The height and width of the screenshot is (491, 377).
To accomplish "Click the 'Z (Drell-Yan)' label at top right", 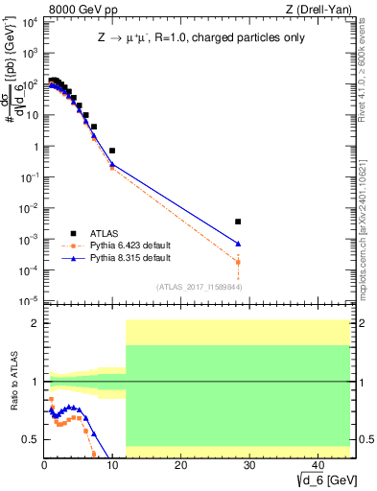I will click(320, 10).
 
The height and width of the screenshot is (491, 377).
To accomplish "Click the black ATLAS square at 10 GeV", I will click(112, 151).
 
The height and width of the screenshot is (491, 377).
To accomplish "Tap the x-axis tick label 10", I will click(112, 465).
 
